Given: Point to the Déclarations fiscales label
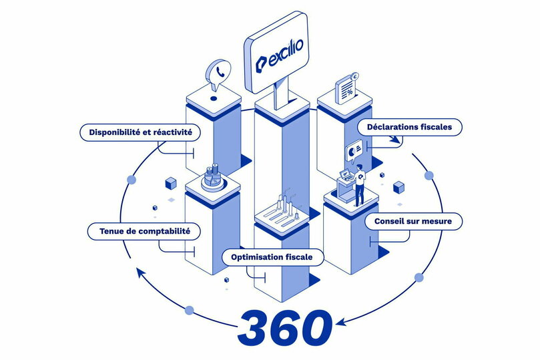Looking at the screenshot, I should tap(409, 126).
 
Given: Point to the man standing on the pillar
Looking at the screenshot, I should tap(360, 185).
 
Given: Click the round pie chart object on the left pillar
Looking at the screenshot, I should tap(212, 177).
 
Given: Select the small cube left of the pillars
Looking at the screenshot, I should tap(170, 182).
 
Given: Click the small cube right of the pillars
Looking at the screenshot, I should tap(399, 186).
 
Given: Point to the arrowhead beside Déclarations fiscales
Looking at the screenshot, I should tap(395, 140).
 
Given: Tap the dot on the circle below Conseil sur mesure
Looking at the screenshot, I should tap(419, 277).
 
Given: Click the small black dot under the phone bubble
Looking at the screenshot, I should tap(214, 98).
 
